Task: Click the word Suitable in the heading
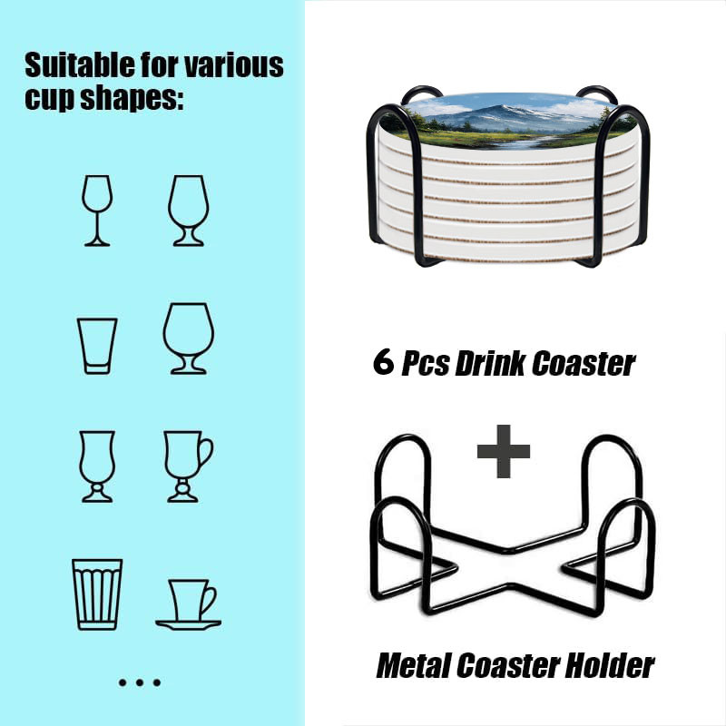80,64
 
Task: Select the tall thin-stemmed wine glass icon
97,211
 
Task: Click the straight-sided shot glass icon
97,346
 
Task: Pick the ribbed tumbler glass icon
97,594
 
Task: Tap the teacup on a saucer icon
188,604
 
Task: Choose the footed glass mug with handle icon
188,466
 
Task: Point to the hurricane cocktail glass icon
97,466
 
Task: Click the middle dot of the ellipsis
140,682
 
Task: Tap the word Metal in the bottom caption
414,665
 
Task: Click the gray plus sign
504,451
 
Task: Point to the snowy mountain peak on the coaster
503,111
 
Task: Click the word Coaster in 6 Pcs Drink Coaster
584,364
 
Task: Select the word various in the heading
234,65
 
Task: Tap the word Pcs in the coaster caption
425,364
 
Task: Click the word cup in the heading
50,100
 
